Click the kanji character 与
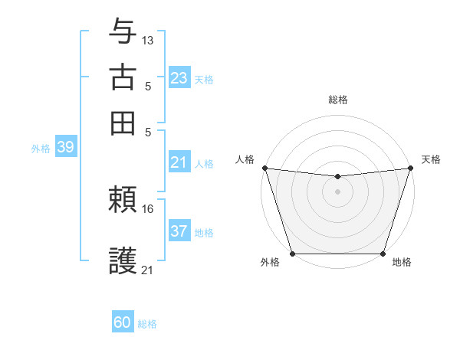coord(123,33)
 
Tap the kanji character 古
coord(123,78)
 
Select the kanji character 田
coord(123,123)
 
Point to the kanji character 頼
coord(123,201)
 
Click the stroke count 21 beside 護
coord(148,270)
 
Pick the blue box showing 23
coord(179,78)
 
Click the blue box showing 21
coord(179,162)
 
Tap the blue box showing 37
coord(179,231)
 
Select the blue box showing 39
coord(65,148)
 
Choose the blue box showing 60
coord(123,322)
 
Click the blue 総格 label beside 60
coord(147,324)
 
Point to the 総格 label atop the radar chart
coord(337,100)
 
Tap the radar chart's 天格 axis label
coord(431,159)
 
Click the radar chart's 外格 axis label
coord(269,263)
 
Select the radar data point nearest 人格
coord(264,168)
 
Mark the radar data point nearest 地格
coord(383,254)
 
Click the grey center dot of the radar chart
coord(337,191)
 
